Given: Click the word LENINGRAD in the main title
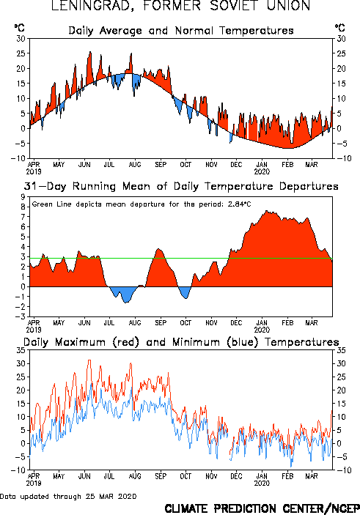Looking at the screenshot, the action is click(x=92, y=5).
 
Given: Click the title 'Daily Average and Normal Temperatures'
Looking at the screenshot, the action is click(x=181, y=31).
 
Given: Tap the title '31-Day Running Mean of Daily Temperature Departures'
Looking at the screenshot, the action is click(x=181, y=186).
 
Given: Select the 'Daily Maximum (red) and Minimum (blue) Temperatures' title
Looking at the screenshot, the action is click(x=181, y=342).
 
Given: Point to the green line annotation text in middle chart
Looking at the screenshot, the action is click(x=142, y=204).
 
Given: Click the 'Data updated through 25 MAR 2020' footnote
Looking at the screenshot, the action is click(x=68, y=496).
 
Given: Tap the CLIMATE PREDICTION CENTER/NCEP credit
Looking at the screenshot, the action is click(x=262, y=508).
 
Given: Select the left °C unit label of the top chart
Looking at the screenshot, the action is click(x=19, y=28).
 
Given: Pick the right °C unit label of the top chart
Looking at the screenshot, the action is click(x=340, y=28).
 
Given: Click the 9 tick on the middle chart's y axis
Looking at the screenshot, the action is click(x=23, y=197).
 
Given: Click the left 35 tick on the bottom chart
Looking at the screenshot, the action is click(x=21, y=350).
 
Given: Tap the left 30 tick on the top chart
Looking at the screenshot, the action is click(x=21, y=39).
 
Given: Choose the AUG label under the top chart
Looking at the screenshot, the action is click(x=135, y=164).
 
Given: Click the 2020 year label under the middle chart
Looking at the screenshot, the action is click(x=262, y=330).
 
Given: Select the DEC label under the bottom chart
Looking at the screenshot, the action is click(x=236, y=476).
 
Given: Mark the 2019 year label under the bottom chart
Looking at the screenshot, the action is click(x=34, y=483).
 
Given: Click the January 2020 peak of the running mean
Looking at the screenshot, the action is click(x=266, y=211).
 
